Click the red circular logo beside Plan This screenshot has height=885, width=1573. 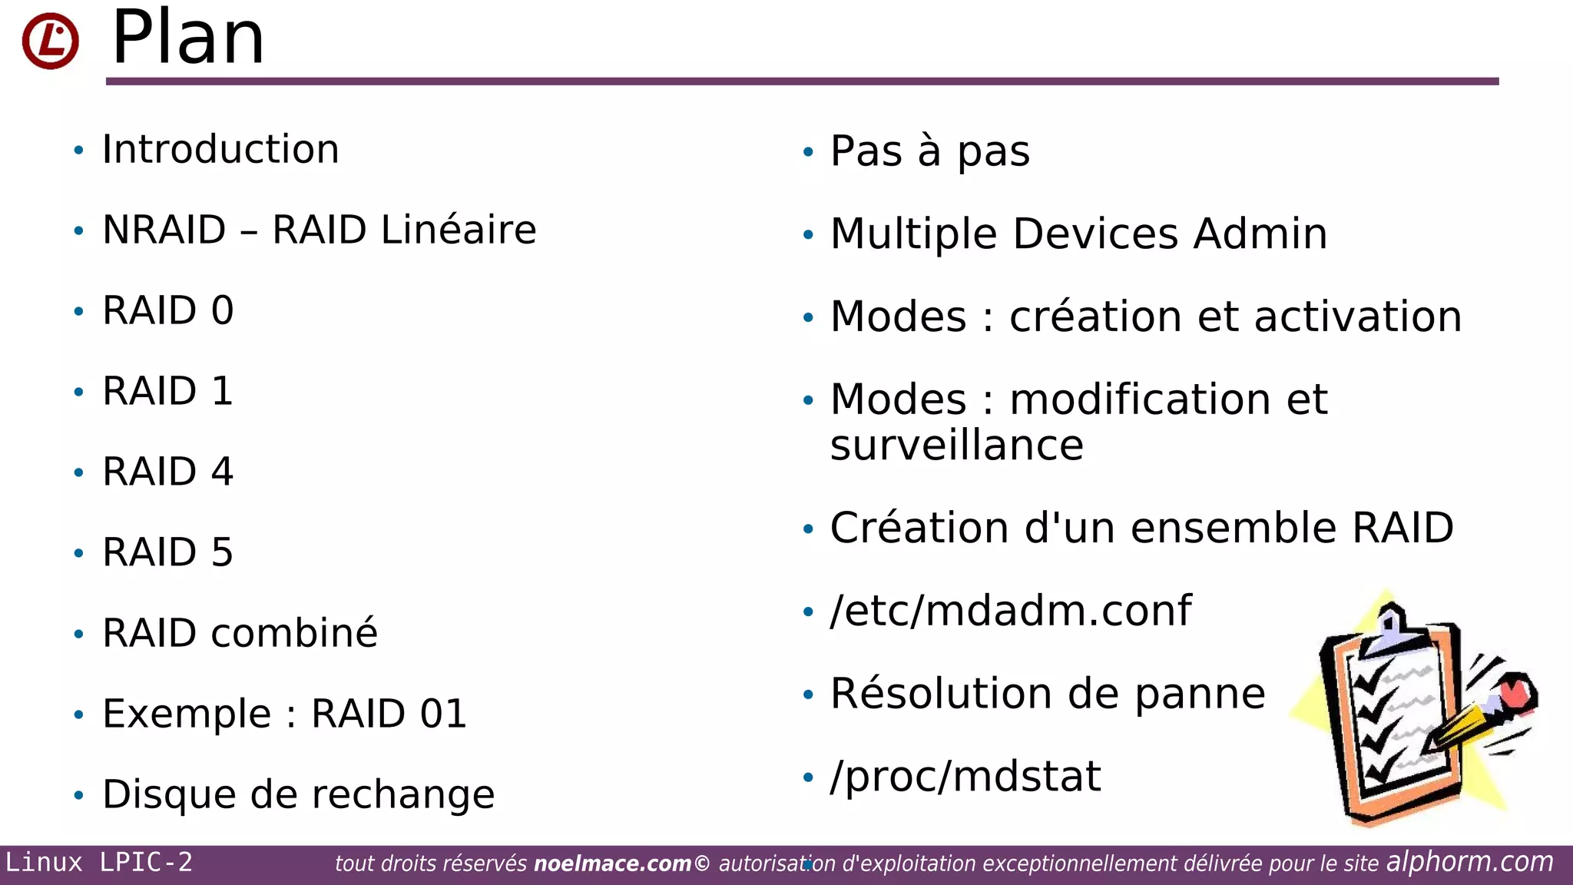click(50, 41)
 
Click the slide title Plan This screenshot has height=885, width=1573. click(188, 38)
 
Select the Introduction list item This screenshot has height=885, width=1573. click(220, 149)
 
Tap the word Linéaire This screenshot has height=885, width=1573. click(459, 230)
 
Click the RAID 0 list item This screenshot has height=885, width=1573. click(167, 310)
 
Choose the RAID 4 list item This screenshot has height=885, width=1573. click(167, 472)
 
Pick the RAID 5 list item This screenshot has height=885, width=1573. click(167, 552)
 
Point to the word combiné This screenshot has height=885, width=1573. click(294, 633)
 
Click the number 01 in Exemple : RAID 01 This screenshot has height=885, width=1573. click(443, 714)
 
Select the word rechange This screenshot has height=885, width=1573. click(404, 795)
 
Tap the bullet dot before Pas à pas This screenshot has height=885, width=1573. click(807, 152)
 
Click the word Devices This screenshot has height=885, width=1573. click(1095, 234)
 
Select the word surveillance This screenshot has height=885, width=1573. click(956, 446)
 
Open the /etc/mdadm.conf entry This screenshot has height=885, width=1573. click(1010, 611)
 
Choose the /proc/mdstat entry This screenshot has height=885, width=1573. click(965, 776)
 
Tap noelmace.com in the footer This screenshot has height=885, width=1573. click(612, 863)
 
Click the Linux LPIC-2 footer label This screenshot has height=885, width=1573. click(99, 862)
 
